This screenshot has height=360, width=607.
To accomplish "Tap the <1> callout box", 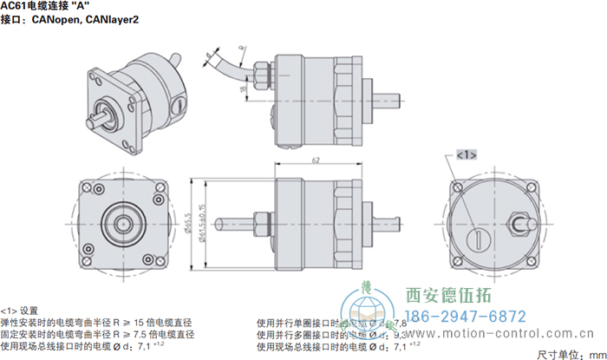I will click(x=466, y=154).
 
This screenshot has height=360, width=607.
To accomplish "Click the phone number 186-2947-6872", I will click(x=467, y=316).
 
